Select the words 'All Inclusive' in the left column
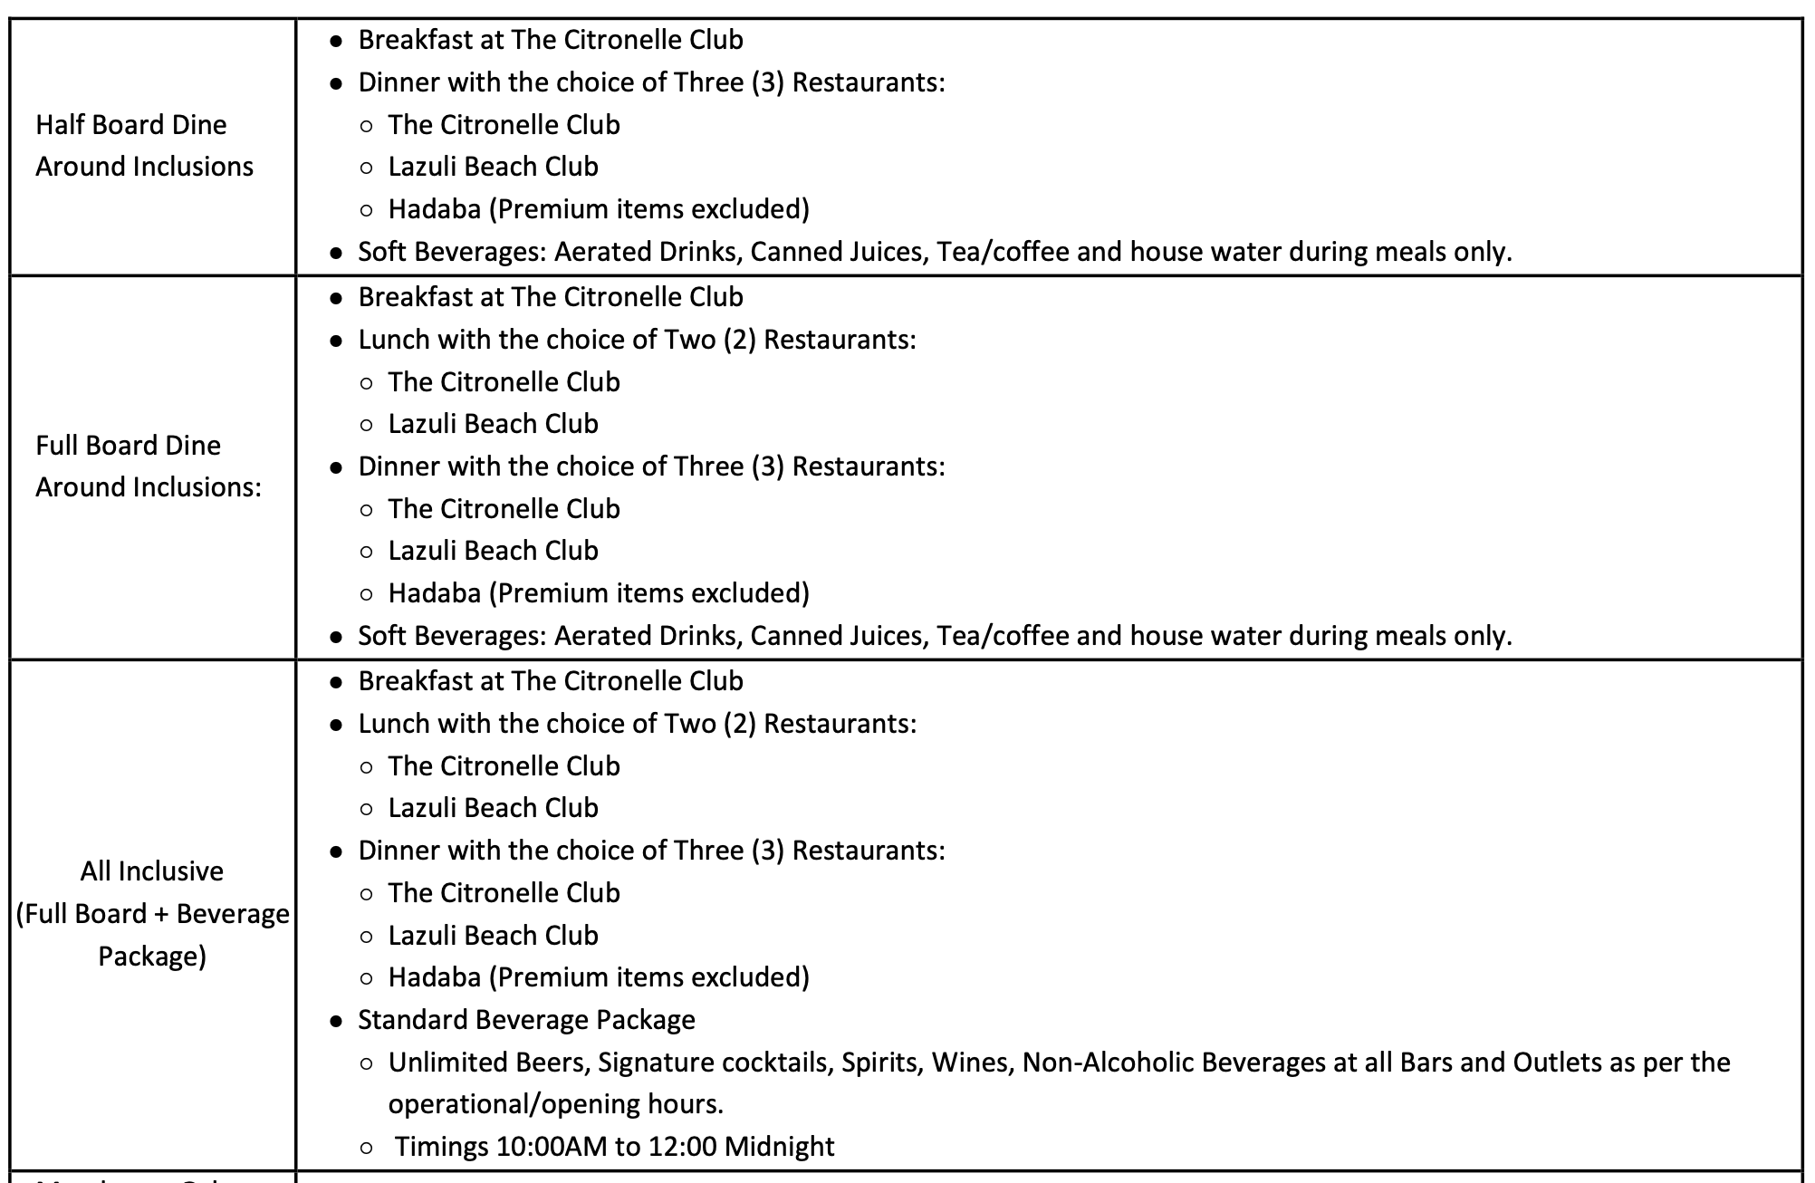(151, 870)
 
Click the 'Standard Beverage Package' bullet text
(526, 1019)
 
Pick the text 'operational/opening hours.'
(555, 1103)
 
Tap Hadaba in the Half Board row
(434, 209)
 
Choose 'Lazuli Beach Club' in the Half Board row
(493, 167)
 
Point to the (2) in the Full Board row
(739, 340)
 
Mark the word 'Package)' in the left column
(151, 956)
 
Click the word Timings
(442, 1146)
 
